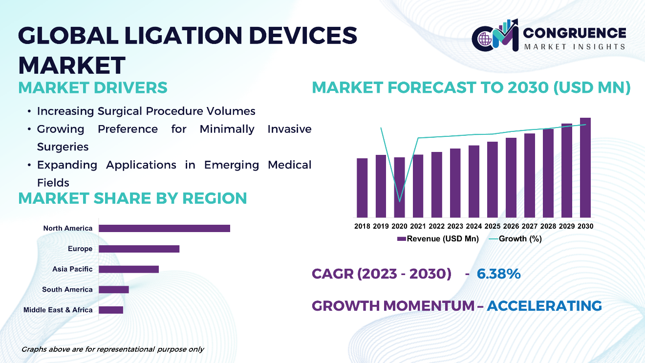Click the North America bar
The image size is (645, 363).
coord(164,228)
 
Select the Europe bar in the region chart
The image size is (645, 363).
coord(139,249)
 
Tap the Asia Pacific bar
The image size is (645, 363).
coord(129,269)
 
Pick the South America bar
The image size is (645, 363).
coord(114,290)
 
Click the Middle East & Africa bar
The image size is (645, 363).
coord(111,310)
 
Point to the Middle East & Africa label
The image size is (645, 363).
coord(58,310)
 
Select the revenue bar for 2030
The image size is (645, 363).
coord(585,168)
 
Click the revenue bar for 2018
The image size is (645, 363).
coord(362,188)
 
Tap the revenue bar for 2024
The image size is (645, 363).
coord(474,181)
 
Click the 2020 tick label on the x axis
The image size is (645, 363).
coord(399,226)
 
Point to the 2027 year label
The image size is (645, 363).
coord(530,226)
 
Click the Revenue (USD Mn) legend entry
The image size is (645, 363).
coord(438,238)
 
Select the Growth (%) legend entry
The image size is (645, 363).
coord(516,238)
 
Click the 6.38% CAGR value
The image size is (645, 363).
coord(499,274)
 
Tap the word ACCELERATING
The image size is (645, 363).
coord(544,306)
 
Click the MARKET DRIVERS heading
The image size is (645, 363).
coord(93,87)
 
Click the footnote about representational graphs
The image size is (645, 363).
coord(112,349)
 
